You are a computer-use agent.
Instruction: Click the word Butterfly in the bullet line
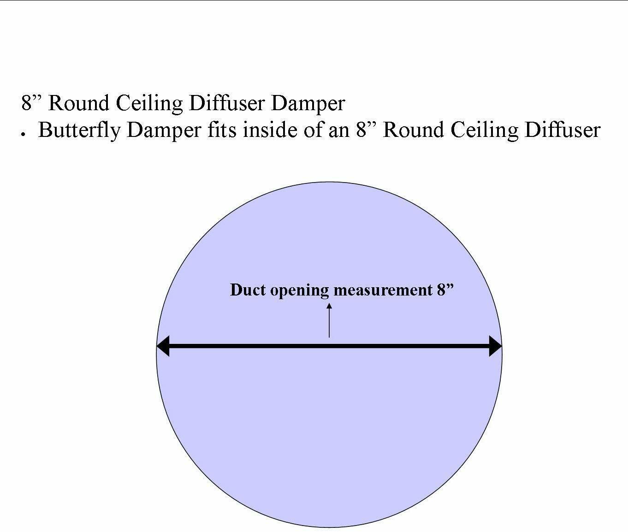click(78, 130)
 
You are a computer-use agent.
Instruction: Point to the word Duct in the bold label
click(248, 290)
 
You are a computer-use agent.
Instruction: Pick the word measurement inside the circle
click(382, 290)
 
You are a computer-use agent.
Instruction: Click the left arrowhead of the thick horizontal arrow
click(163, 346)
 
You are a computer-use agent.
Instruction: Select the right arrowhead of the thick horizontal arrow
click(495, 346)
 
